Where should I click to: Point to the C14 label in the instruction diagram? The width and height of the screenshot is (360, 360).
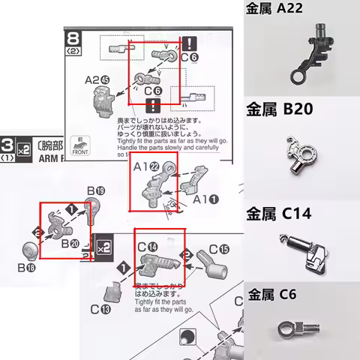tap(148, 245)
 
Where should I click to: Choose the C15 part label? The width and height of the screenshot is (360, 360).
tap(219, 248)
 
